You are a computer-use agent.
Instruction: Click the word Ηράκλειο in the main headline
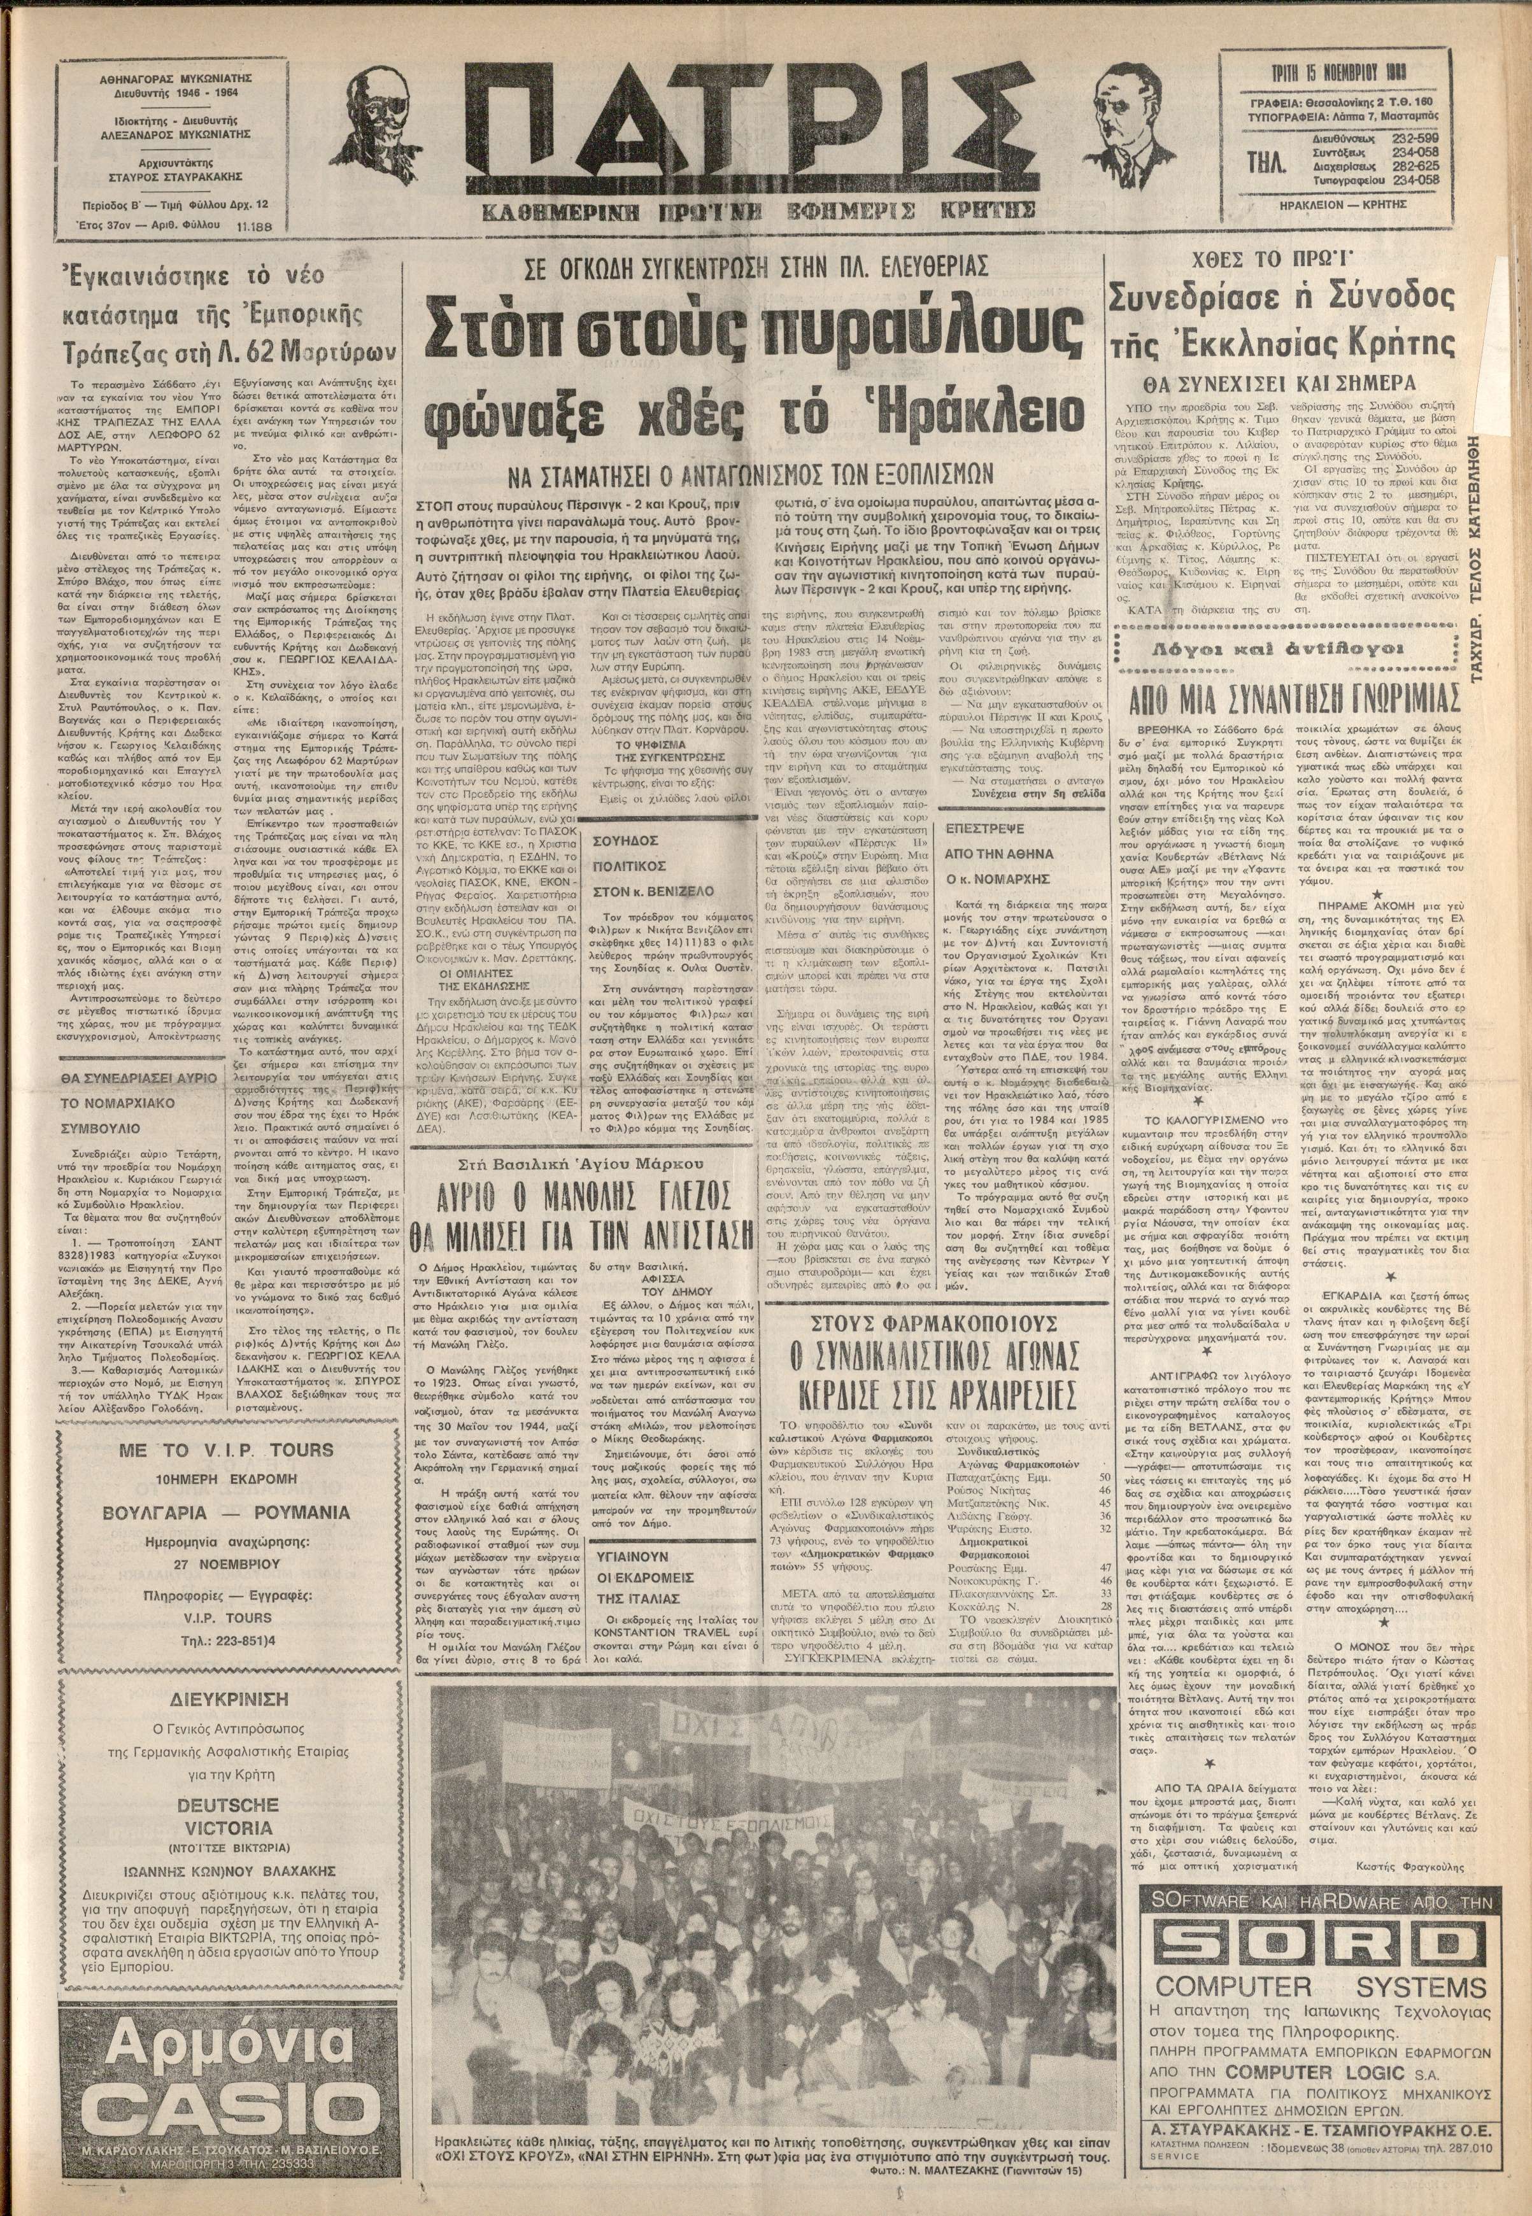pyautogui.click(x=999, y=416)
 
